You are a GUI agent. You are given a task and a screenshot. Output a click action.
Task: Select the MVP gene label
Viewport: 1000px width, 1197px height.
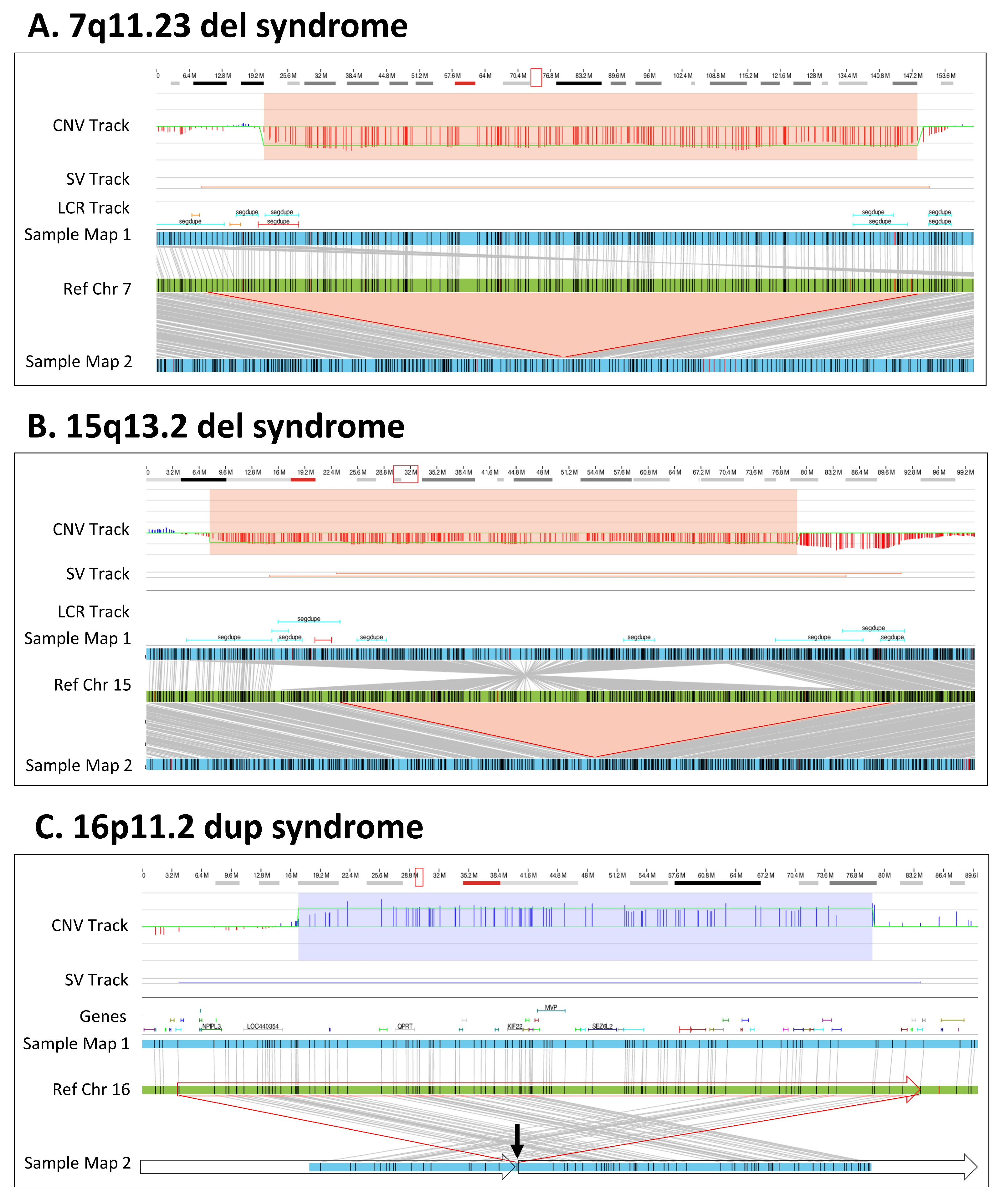pyautogui.click(x=551, y=1007)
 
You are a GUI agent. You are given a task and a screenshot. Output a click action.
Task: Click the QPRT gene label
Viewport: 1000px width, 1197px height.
pyautogui.click(x=405, y=1026)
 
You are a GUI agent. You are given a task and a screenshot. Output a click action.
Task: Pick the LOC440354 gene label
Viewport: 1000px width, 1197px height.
pyautogui.click(x=263, y=1026)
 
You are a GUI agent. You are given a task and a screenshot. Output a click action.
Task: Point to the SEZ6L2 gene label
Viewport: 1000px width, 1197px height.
pyautogui.click(x=602, y=1026)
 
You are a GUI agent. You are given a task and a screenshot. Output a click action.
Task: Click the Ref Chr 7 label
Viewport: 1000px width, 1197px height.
pyautogui.click(x=97, y=289)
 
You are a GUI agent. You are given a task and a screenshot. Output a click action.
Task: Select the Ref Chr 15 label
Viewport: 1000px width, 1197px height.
pyautogui.click(x=92, y=685)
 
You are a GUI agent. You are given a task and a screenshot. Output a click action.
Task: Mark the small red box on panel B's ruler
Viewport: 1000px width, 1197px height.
pyautogui.click(x=405, y=474)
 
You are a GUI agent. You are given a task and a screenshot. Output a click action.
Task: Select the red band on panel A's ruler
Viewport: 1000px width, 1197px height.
pyautogui.click(x=465, y=83)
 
